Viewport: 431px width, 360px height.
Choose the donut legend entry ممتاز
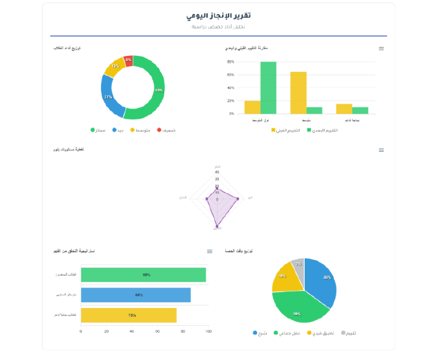point(98,130)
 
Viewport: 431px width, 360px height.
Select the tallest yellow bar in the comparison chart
point(298,93)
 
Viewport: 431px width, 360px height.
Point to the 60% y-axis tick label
point(230,75)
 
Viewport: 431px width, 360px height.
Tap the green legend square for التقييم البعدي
point(310,130)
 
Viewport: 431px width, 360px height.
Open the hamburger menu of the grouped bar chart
point(381,48)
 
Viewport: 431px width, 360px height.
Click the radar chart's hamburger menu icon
point(381,150)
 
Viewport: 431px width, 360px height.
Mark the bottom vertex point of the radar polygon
point(217,225)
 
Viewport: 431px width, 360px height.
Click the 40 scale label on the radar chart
point(216,172)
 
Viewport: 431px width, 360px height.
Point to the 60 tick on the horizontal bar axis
point(157,331)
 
